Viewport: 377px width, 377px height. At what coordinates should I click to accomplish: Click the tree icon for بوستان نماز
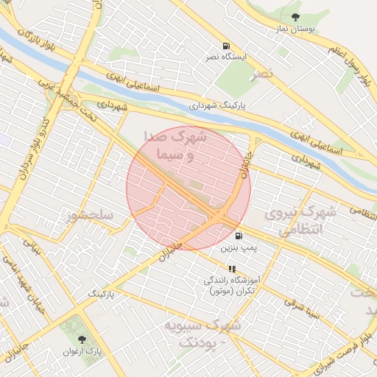[295, 17]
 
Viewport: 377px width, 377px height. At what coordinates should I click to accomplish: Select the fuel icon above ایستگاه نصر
[225, 45]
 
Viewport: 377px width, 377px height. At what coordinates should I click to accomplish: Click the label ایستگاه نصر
[225, 56]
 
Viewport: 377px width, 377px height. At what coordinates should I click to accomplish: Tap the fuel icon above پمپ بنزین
[239, 236]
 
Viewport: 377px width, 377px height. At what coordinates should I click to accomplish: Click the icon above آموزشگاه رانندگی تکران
[232, 269]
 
